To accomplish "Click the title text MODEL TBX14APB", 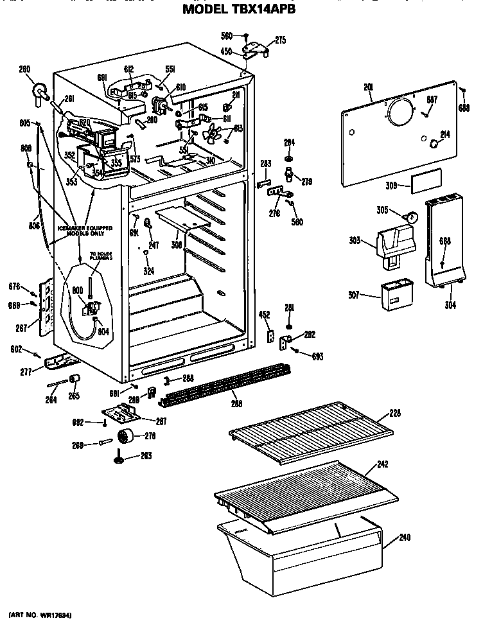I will (238, 10).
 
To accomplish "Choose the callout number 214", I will (444, 134).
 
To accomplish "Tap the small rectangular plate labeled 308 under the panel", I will (426, 182).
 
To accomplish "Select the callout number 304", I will (450, 305).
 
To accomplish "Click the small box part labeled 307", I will (396, 295).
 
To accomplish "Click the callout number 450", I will (226, 52).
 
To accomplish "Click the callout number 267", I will (21, 328).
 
